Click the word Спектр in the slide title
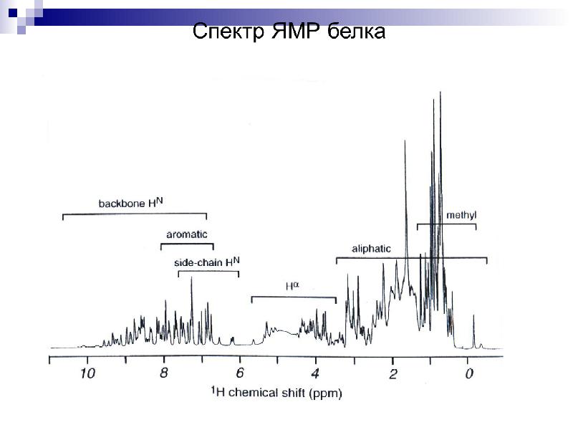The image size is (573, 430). pyautogui.click(x=229, y=32)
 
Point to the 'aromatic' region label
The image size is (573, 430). pyautogui.click(x=186, y=234)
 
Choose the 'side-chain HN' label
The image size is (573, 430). pyautogui.click(x=207, y=262)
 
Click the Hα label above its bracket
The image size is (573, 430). pyautogui.click(x=292, y=286)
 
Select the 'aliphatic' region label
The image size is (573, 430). pyautogui.click(x=371, y=249)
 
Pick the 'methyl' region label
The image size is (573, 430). pyautogui.click(x=461, y=214)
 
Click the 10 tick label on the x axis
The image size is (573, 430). pyautogui.click(x=87, y=373)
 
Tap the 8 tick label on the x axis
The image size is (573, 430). pyautogui.click(x=163, y=373)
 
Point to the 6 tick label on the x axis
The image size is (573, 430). pyautogui.click(x=239, y=373)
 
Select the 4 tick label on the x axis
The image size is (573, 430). pyautogui.click(x=316, y=373)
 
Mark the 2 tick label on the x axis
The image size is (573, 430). pyautogui.click(x=393, y=373)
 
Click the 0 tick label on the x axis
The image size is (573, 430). pyautogui.click(x=468, y=373)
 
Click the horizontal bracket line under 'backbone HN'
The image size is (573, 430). pyautogui.click(x=135, y=214)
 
